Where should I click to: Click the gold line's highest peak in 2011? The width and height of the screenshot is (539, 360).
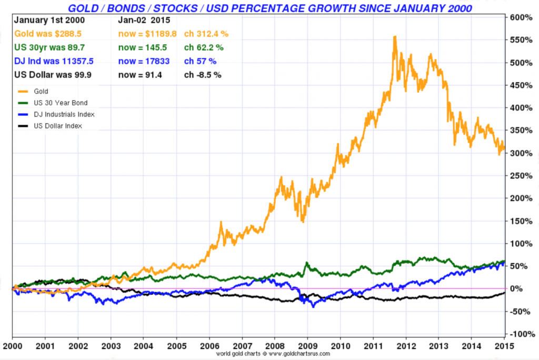pos(394,37)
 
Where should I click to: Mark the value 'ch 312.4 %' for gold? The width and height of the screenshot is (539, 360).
pos(206,34)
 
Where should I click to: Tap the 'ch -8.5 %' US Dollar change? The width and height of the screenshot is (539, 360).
pos(203,75)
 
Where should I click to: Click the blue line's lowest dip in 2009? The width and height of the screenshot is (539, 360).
pos(314,306)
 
